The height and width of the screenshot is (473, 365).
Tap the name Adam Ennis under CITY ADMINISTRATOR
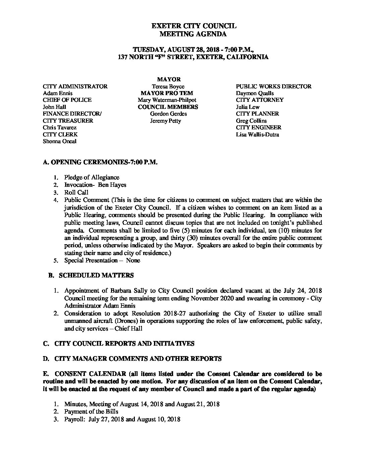[x=57, y=93]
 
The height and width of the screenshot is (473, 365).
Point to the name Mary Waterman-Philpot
[x=167, y=100]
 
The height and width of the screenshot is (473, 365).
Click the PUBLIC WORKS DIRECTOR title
[x=273, y=86]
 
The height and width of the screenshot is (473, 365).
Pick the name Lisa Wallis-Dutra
[x=257, y=134]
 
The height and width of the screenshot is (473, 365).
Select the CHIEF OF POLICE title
[x=67, y=100]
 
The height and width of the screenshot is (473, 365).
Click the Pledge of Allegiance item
[x=92, y=177]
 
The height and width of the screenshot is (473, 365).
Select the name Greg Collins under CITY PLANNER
[x=251, y=121]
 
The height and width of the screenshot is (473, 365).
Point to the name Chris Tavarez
[x=60, y=127]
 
